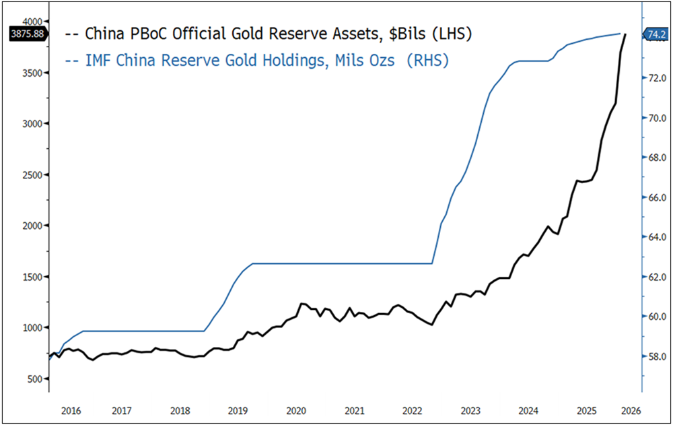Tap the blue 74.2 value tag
[x=656, y=33]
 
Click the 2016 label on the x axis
[x=71, y=410]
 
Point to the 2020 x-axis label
[x=296, y=410]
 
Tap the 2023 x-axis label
[x=471, y=410]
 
